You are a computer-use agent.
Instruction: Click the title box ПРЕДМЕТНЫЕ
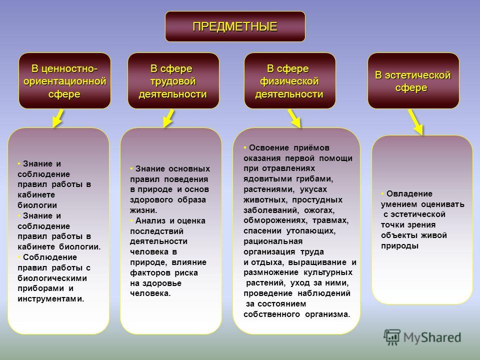coord(235,26)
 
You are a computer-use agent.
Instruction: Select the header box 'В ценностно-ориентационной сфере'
coord(64,81)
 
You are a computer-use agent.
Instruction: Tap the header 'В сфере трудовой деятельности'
coord(173,81)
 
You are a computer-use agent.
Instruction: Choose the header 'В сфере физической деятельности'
coord(289,81)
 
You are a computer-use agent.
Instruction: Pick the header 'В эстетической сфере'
coord(413,81)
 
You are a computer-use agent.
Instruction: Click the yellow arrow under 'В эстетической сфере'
coord(416,122)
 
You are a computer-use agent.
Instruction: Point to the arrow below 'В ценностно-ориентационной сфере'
coord(58,118)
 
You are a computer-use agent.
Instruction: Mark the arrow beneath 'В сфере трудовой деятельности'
coord(168,118)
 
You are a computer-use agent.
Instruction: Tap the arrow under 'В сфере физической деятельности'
coord(294,118)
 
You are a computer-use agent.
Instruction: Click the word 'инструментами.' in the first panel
coord(51,299)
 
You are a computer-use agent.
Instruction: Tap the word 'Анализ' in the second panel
coord(150,220)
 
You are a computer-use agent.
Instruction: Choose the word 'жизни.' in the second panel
coord(143,210)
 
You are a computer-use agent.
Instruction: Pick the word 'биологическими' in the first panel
coord(52,278)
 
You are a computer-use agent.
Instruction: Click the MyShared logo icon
coord(392,337)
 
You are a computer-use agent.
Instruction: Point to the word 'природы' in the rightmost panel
coord(399,246)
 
